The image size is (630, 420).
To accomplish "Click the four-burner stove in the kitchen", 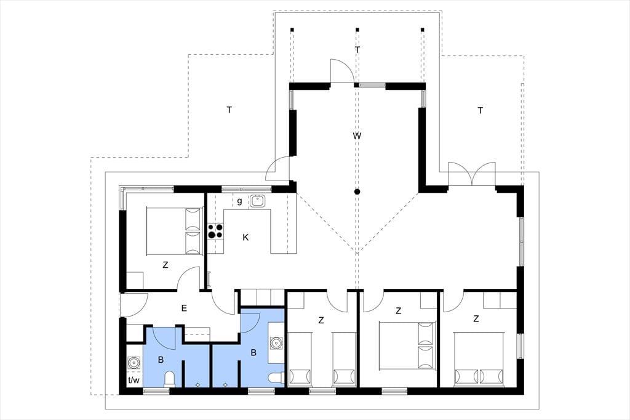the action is coord(215,231).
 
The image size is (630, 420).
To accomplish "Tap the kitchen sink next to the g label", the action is coord(257,200).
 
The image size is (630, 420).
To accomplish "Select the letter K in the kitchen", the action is coord(245,237).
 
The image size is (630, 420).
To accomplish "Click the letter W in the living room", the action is coord(357,136).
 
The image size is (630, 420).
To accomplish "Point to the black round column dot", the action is coord(357,192).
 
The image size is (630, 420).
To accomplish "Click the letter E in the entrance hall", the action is coord(184,309).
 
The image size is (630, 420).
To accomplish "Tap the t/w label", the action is coord(134,380).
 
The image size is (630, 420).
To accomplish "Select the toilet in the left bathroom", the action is coord(170,379).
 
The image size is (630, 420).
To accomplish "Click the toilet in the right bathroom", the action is coord(276,378).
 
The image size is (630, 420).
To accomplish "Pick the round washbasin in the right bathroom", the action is coord(276,343).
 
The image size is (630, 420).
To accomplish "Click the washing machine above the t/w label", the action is coord(134,363).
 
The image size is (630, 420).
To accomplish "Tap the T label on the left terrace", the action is coord(229,110).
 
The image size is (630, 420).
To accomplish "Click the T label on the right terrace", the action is coord(480,110).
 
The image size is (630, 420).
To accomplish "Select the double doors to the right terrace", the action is coord(472,174).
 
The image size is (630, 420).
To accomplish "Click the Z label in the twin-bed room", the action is coord(321,320).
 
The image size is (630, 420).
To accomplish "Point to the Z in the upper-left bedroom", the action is coord(165,265).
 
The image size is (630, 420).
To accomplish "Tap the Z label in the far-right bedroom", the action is coord(476,319).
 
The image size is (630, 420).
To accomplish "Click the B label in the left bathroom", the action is coord(161,360).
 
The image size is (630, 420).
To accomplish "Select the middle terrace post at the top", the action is coord(357,30).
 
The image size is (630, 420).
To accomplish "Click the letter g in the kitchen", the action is coord(239,201).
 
